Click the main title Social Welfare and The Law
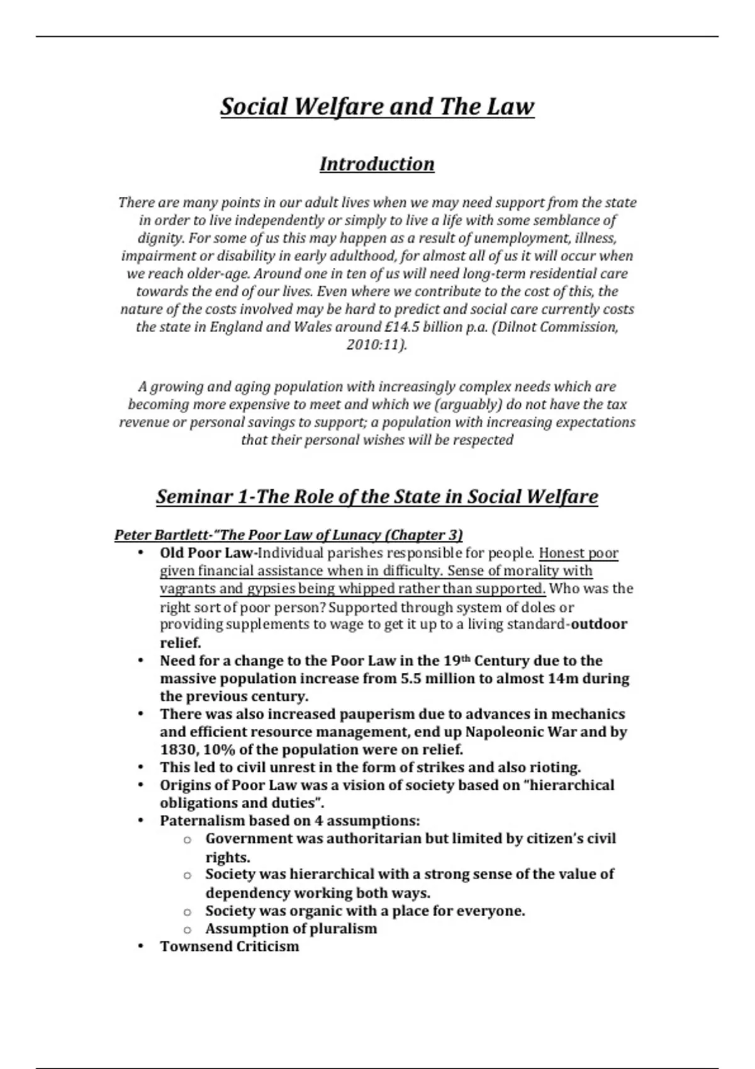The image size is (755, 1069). tap(377, 106)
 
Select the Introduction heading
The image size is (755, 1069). tap(377, 164)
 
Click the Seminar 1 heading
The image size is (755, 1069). tap(377, 497)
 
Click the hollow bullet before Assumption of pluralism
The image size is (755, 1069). tap(187, 929)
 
